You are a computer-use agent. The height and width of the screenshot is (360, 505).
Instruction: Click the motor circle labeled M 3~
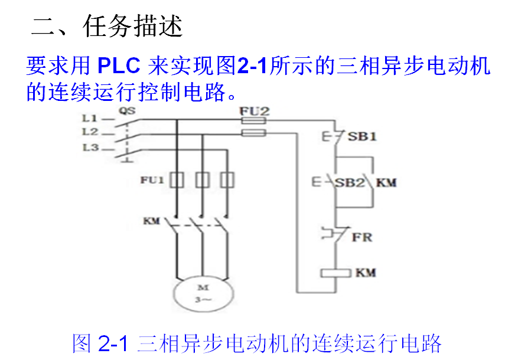202,294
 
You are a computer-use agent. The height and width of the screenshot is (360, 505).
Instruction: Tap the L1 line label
90,119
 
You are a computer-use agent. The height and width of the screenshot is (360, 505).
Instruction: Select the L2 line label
90,132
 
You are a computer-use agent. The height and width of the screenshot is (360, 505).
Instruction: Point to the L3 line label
90,148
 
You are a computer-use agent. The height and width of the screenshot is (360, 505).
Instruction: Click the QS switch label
126,110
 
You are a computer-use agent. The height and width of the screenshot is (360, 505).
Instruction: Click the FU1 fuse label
152,179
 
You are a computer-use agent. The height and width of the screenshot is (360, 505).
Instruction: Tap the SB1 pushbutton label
362,137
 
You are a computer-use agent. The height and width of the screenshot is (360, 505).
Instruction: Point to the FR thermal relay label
361,237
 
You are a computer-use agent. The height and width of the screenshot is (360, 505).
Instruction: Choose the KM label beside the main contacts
152,221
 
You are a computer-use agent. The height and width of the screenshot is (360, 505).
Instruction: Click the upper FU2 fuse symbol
254,120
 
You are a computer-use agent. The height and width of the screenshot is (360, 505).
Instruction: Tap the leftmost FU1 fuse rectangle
177,180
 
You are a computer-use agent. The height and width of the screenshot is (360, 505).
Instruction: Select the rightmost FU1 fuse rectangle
226,180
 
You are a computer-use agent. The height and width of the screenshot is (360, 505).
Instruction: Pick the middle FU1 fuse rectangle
202,180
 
